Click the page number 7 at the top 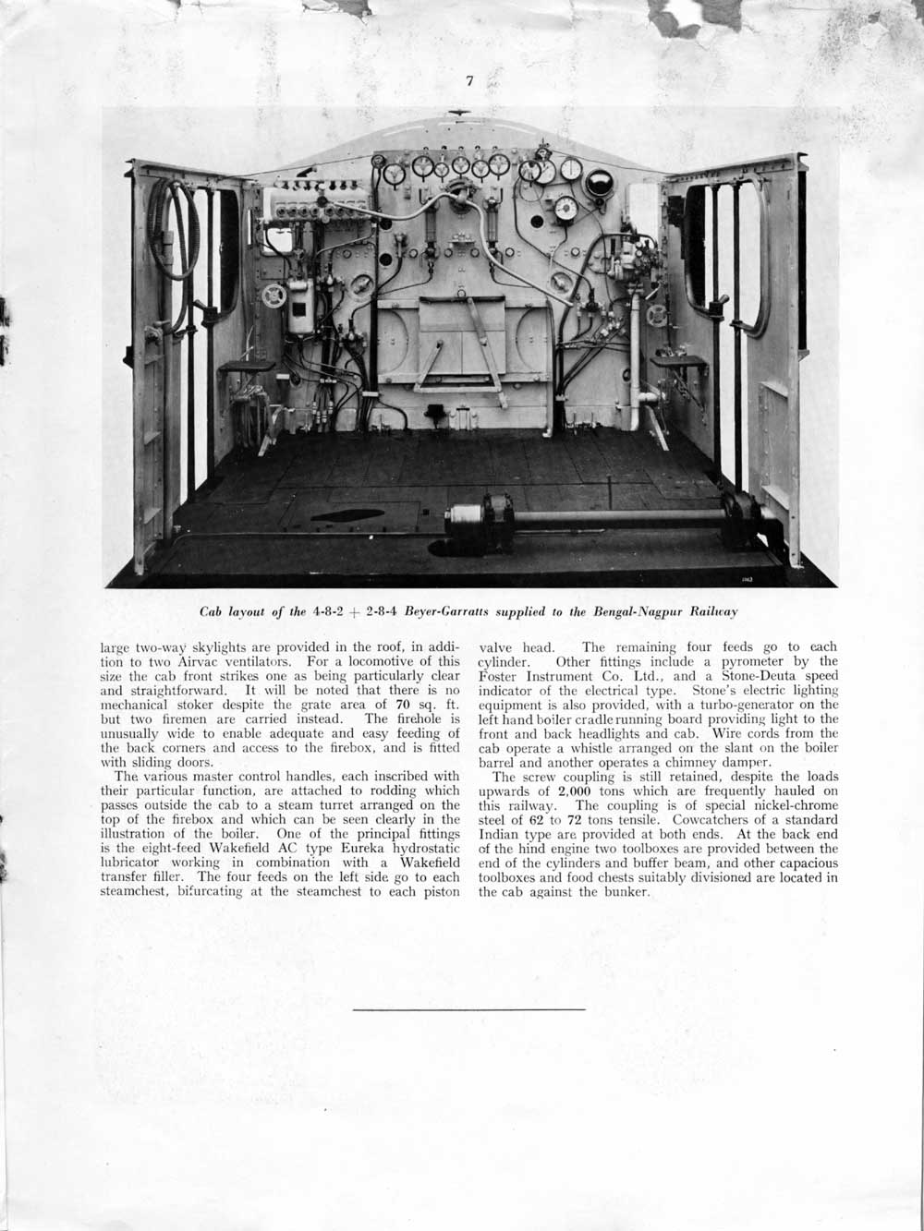tap(469, 81)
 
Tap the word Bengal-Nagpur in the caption tap(626, 611)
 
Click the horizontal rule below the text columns tap(469, 1009)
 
